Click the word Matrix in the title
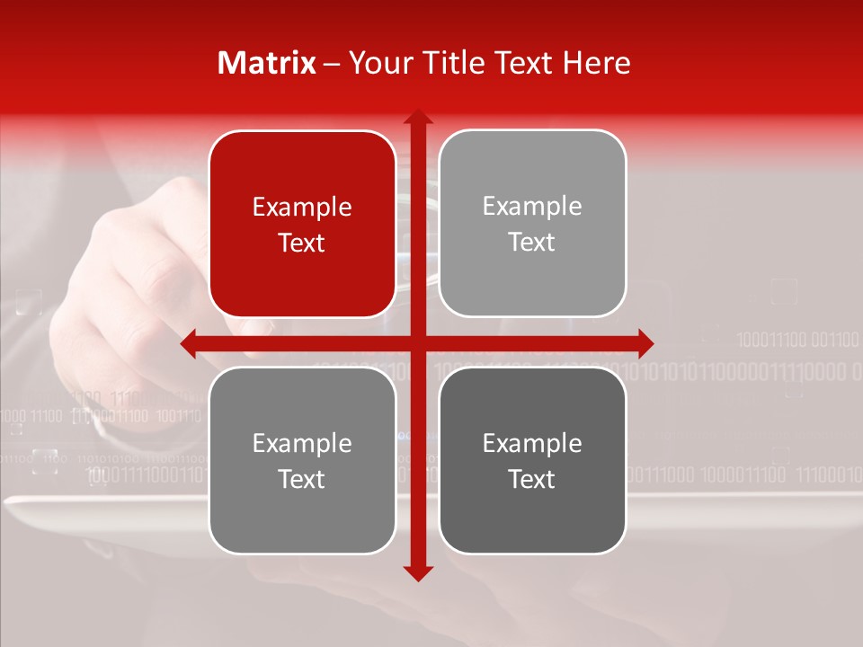267,63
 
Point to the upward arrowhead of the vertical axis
417,118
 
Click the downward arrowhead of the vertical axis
417,571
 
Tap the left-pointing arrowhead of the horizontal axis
190,343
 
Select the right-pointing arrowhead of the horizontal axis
645,343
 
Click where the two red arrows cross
417,343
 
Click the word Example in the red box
302,207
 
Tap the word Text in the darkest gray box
532,479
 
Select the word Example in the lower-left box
302,443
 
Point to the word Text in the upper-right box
532,242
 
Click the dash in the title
332,64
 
